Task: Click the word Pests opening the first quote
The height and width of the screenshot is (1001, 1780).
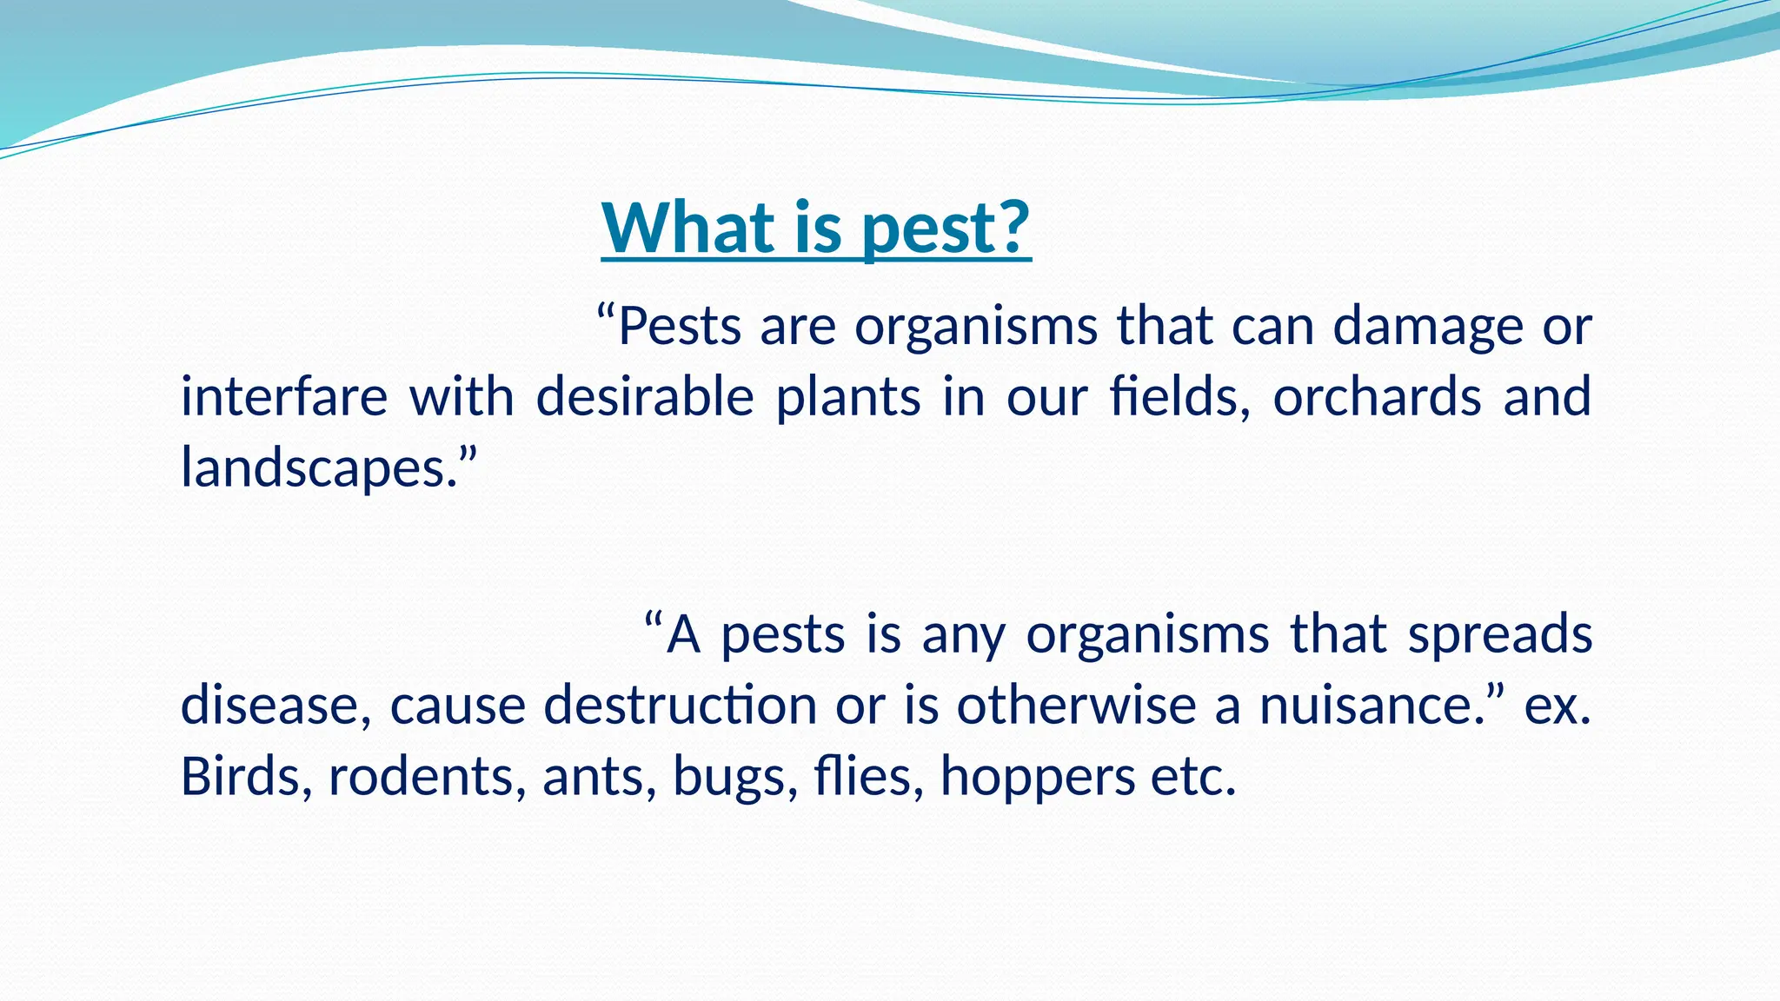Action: (x=680, y=327)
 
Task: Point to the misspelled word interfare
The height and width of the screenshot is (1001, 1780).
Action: (x=283, y=397)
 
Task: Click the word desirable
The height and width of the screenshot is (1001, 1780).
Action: (x=645, y=397)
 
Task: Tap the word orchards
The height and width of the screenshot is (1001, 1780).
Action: (x=1377, y=397)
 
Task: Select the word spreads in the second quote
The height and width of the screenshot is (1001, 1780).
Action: (x=1500, y=634)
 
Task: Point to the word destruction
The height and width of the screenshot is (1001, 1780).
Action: (x=680, y=705)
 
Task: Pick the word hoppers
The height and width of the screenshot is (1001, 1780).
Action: (x=1037, y=776)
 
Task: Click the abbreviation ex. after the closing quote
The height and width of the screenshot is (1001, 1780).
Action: (x=1557, y=705)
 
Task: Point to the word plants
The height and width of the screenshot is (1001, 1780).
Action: (x=847, y=397)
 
